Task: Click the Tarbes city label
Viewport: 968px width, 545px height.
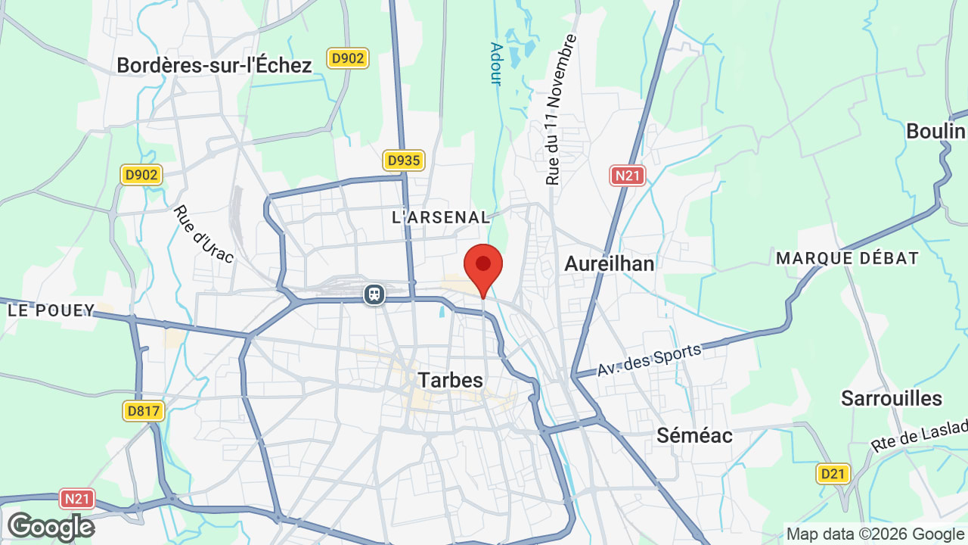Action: pyautogui.click(x=451, y=379)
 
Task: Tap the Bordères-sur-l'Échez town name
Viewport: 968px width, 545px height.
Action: pyautogui.click(x=214, y=65)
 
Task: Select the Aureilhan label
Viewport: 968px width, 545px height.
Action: pyautogui.click(x=610, y=263)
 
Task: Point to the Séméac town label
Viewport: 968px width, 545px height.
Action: pyautogui.click(x=694, y=435)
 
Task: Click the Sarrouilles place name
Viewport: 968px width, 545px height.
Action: pyautogui.click(x=892, y=398)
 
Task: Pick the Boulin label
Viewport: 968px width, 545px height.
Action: pyautogui.click(x=936, y=131)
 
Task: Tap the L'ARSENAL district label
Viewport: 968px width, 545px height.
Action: pyautogui.click(x=442, y=217)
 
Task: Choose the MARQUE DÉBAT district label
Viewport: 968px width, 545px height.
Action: pyautogui.click(x=847, y=258)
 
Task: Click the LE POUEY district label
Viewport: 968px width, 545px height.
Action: pyautogui.click(x=51, y=310)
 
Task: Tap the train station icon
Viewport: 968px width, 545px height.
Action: pyautogui.click(x=374, y=294)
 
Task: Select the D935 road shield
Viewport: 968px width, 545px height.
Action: pyautogui.click(x=403, y=160)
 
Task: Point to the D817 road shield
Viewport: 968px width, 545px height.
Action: pyautogui.click(x=143, y=411)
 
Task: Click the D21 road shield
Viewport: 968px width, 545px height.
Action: pyautogui.click(x=833, y=474)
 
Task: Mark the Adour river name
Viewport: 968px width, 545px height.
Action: pyautogui.click(x=496, y=64)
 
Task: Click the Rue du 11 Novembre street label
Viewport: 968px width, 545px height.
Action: pyautogui.click(x=561, y=110)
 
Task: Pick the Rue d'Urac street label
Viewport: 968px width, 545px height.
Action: pyautogui.click(x=203, y=235)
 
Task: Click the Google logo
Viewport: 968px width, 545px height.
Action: pyautogui.click(x=51, y=527)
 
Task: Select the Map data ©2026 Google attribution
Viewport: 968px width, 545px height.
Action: pyautogui.click(x=876, y=534)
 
